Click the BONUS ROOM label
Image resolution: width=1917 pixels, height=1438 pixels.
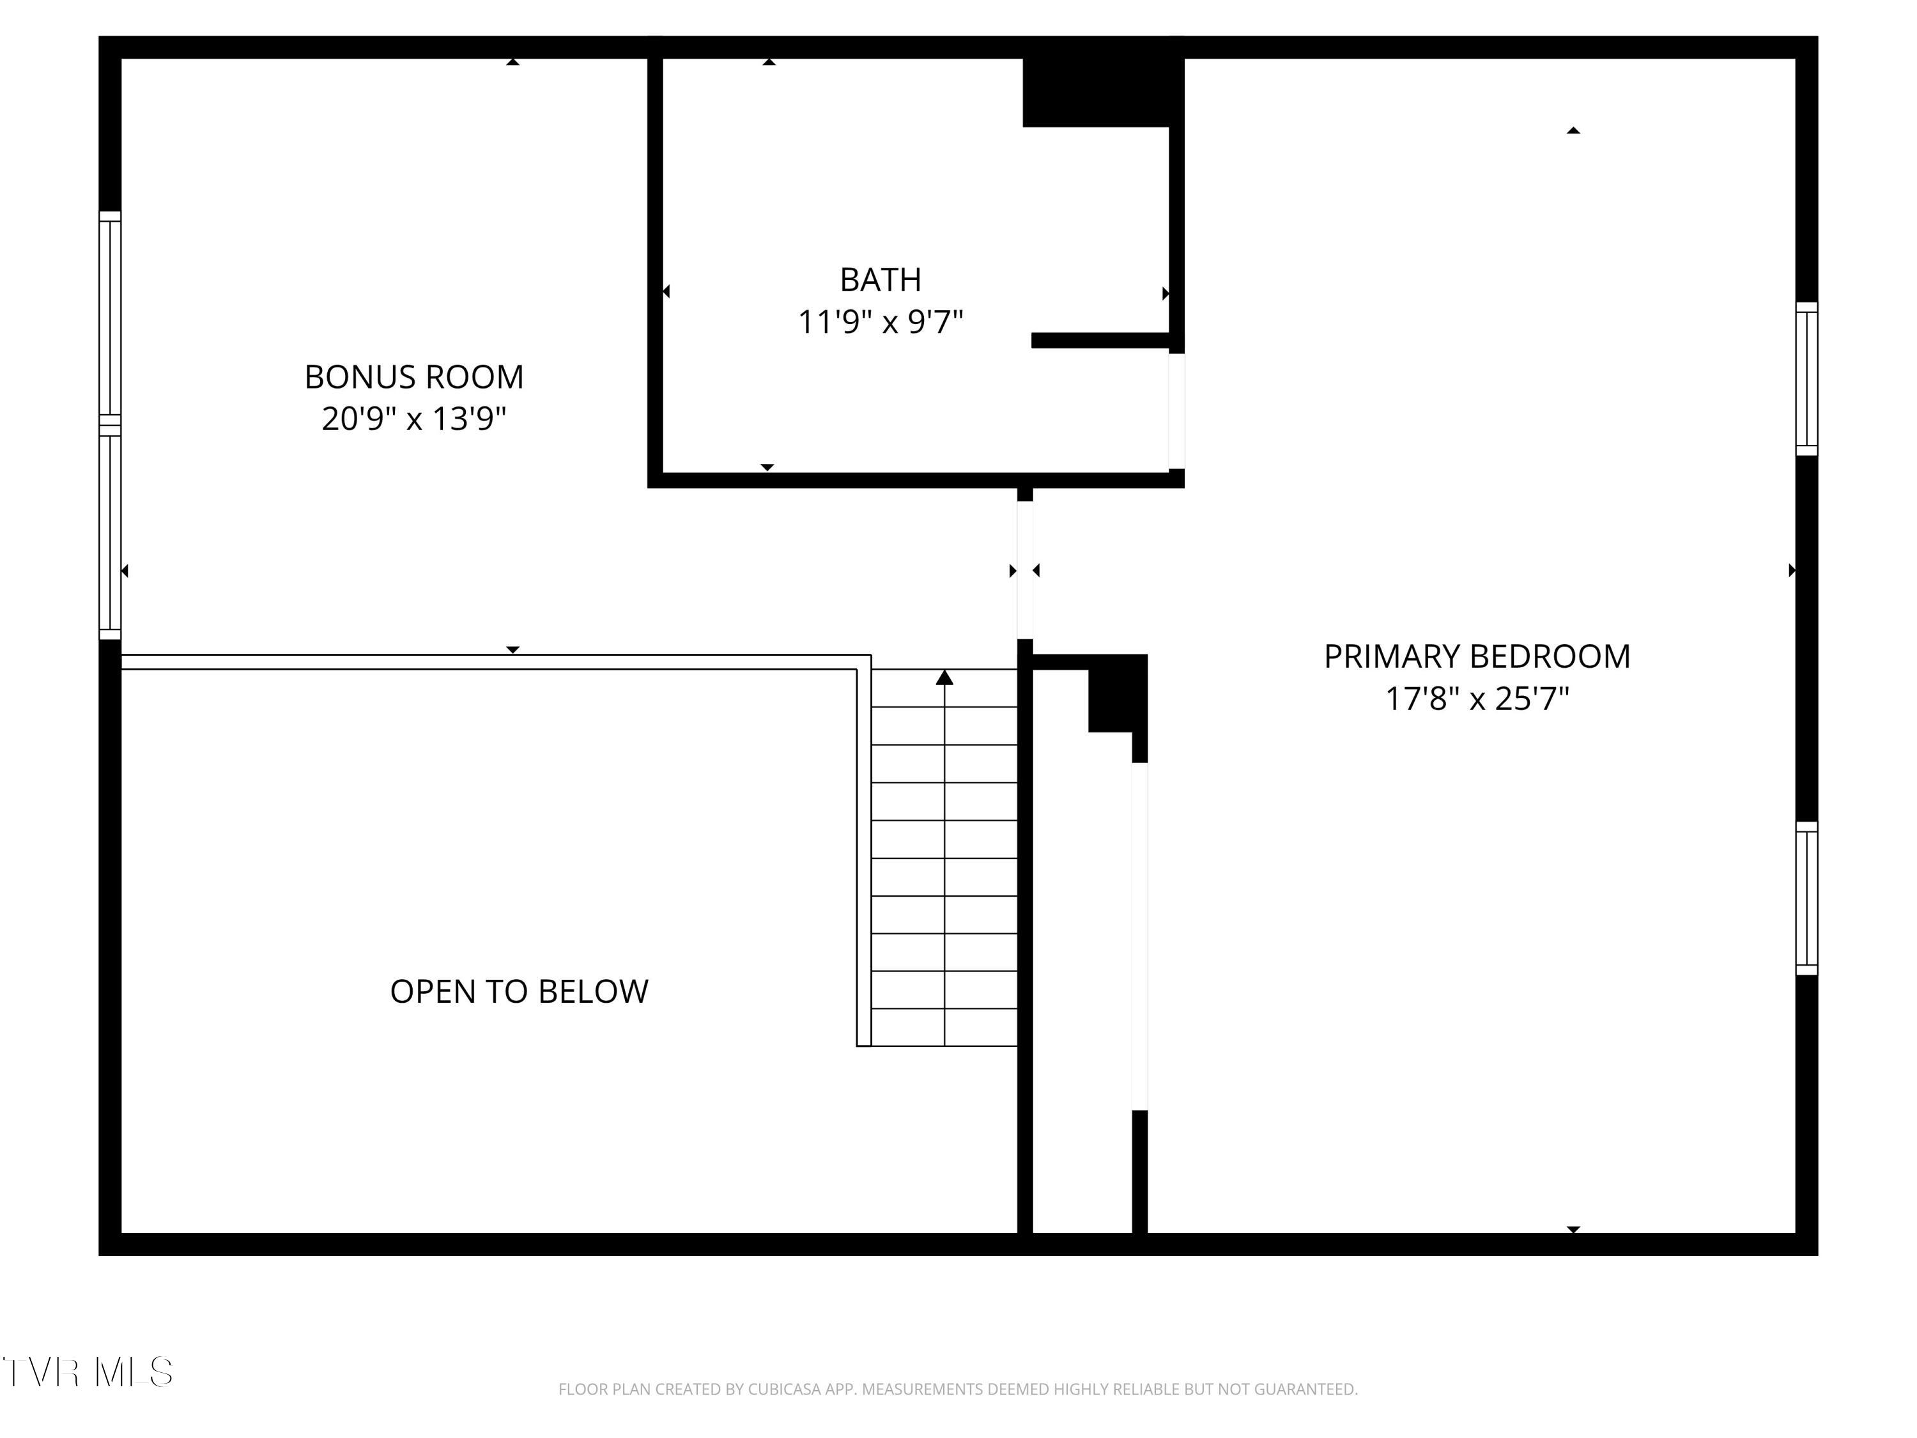pyautogui.click(x=413, y=377)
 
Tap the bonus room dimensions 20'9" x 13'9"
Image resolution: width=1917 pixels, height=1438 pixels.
pyautogui.click(x=413, y=419)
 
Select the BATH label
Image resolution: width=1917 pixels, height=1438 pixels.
pyautogui.click(x=880, y=280)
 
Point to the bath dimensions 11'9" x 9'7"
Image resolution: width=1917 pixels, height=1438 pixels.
pyautogui.click(x=880, y=323)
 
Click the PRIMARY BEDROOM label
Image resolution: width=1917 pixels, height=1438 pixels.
pyautogui.click(x=1476, y=657)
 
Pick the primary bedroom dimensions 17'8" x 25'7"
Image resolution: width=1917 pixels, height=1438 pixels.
pyautogui.click(x=1476, y=699)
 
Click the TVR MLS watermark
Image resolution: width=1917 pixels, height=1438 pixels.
pyautogui.click(x=88, y=1372)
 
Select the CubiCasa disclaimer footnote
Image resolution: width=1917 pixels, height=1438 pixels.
pyautogui.click(x=958, y=1389)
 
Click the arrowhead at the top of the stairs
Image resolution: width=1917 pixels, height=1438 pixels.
pyautogui.click(x=944, y=678)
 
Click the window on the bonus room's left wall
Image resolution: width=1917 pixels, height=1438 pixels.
pyautogui.click(x=110, y=425)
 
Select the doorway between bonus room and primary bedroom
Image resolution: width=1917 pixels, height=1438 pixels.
pyautogui.click(x=1024, y=569)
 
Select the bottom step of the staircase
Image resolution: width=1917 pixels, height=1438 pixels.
pyautogui.click(x=944, y=1027)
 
